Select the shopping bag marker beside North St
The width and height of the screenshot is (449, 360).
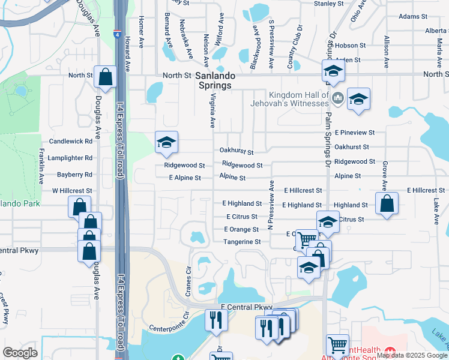105,77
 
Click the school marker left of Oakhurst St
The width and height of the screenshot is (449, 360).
166,142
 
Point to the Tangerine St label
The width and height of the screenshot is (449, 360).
242,242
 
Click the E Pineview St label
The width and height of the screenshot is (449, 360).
355,132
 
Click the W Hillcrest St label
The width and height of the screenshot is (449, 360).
72,191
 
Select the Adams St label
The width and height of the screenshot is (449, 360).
412,17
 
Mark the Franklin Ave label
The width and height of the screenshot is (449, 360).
41,166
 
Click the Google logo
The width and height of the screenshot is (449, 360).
20,353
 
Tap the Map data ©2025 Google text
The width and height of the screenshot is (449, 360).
412,355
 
